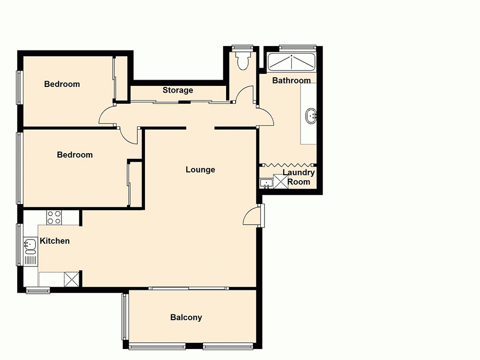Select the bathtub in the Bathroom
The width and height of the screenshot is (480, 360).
coord(291,62)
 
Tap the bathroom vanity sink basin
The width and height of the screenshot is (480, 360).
coord(311,115)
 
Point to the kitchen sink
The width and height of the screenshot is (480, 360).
coord(30,246)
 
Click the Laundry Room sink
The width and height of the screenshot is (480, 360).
coord(265,183)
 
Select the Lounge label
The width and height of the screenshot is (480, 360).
coord(200,169)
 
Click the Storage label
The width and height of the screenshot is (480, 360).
coord(178,90)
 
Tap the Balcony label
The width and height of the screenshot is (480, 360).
coord(186,317)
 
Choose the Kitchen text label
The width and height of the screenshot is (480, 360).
coord(55,241)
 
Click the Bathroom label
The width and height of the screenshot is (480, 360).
coord(291,80)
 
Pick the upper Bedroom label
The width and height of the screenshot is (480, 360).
coord(62,84)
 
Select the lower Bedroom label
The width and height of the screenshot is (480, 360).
coord(74,155)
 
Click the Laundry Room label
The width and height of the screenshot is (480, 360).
coord(299,177)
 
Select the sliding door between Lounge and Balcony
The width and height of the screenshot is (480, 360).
coord(188,288)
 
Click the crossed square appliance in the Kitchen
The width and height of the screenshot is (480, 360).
coord(72,279)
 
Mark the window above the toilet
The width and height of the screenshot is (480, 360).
coord(242,47)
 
